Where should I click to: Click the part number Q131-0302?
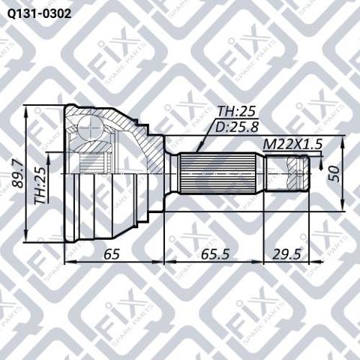click(x=39, y=13)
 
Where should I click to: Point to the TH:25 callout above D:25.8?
click(x=236, y=111)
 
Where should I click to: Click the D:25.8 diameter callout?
click(x=237, y=127)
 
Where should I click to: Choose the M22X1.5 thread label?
click(x=292, y=144)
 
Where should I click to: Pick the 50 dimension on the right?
click(x=334, y=174)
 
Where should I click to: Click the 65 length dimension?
click(x=112, y=254)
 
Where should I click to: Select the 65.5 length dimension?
click(x=215, y=254)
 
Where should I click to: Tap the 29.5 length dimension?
click(x=286, y=254)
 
